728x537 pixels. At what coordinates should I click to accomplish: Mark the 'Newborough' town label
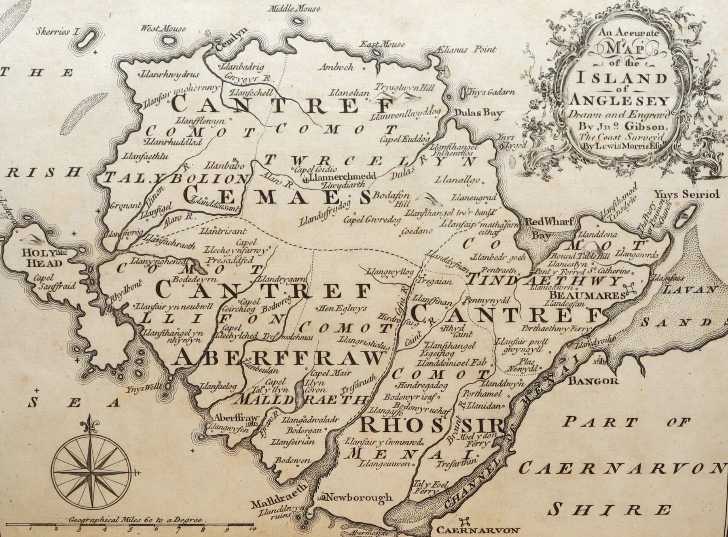coord(360,497)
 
